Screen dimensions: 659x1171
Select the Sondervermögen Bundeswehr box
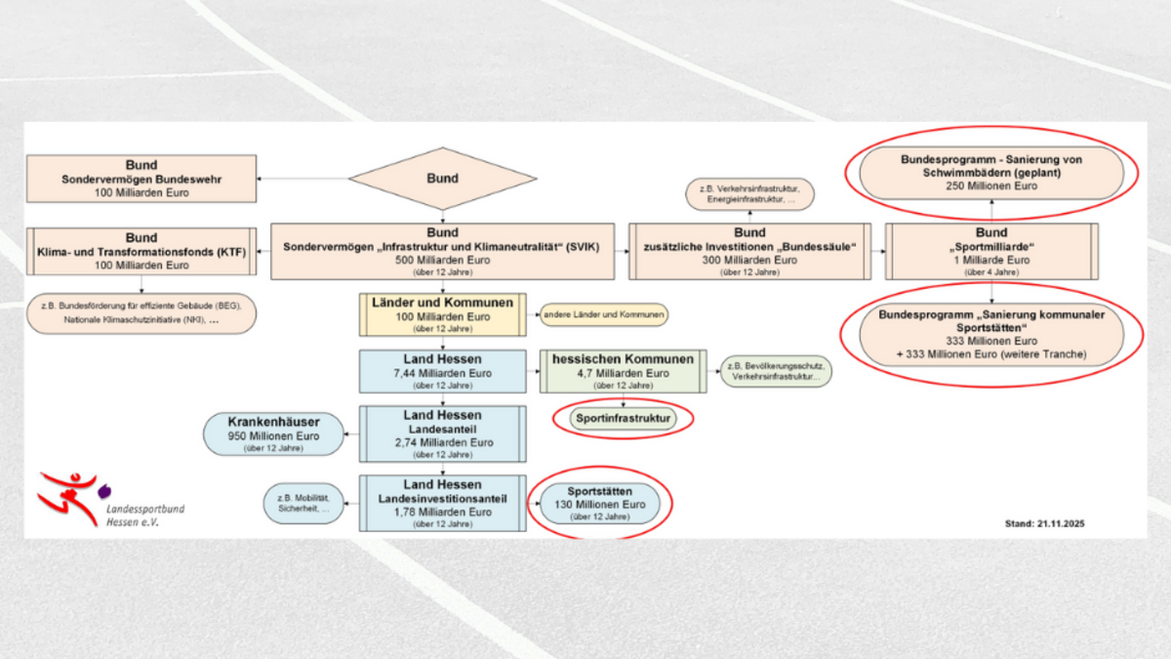141,179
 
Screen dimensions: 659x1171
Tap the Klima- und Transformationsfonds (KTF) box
141,251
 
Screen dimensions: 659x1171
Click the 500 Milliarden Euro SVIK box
442,251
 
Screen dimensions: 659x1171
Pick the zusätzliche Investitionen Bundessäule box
749,251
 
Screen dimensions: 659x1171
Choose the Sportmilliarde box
991,251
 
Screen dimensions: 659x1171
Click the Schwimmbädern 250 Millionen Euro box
991,173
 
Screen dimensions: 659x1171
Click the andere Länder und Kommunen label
605,315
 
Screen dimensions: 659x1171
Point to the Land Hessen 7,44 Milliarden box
443,372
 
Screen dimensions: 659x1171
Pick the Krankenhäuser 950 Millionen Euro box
273,434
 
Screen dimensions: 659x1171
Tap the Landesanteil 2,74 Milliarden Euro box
443,434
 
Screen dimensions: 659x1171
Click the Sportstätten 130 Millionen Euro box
593,503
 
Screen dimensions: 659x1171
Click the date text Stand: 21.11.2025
1045,524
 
